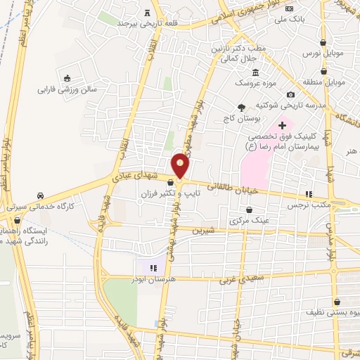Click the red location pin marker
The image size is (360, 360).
181,166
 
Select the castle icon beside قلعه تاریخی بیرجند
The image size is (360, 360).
146,12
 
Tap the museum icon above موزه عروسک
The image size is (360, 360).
255,73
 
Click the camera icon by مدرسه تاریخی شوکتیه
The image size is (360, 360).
290,95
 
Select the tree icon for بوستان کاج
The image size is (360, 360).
242,107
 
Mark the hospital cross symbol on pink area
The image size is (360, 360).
282,125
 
